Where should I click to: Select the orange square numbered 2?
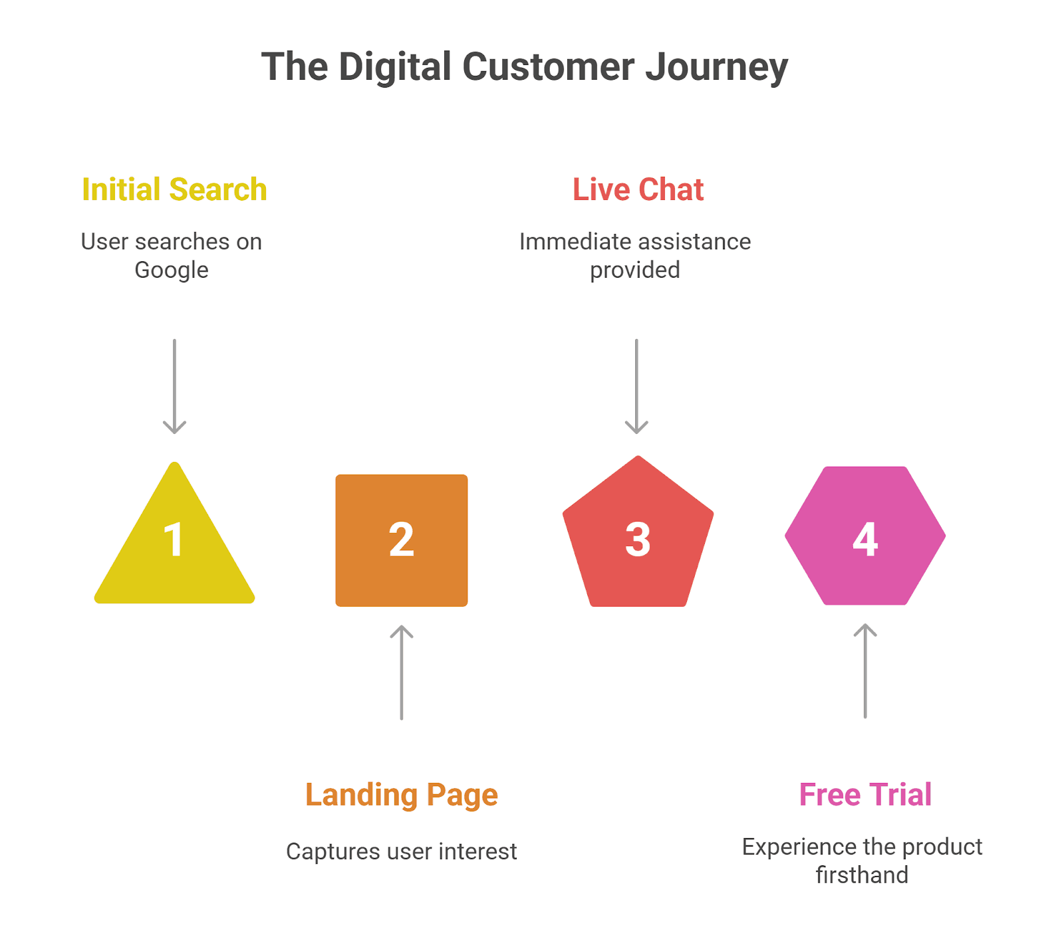401,540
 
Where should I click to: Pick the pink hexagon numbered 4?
864,536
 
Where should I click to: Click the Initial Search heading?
174,190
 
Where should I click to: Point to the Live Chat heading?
638,190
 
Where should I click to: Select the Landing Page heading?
401,795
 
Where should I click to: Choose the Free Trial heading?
864,795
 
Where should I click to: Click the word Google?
171,270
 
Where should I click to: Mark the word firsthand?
862,875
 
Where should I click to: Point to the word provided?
634,270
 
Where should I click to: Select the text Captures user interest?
401,852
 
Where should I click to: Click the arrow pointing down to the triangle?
174,385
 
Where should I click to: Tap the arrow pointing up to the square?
401,671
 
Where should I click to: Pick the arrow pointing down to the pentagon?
636,385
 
